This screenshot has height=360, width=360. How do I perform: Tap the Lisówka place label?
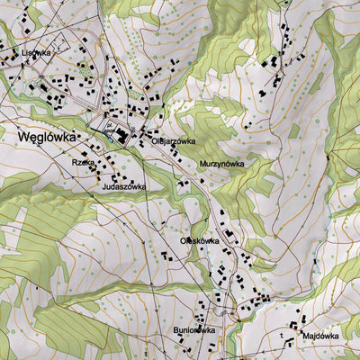coord(35,53)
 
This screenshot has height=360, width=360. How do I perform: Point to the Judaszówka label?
coord(124,186)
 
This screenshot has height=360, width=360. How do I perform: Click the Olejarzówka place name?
coord(173,141)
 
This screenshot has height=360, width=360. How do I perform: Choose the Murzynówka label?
coord(221,164)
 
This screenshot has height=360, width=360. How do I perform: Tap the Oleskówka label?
coord(201,241)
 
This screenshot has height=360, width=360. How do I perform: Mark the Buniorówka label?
coord(194,329)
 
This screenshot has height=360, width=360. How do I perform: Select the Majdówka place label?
coord(321,336)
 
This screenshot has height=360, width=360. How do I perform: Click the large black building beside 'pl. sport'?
coord(121,135)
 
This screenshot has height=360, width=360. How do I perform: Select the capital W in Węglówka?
coord(22,138)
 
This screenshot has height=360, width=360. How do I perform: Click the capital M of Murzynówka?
coord(202,164)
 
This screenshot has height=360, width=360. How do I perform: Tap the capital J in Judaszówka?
coord(105,186)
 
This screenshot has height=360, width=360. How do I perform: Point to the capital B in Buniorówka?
coord(176,329)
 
